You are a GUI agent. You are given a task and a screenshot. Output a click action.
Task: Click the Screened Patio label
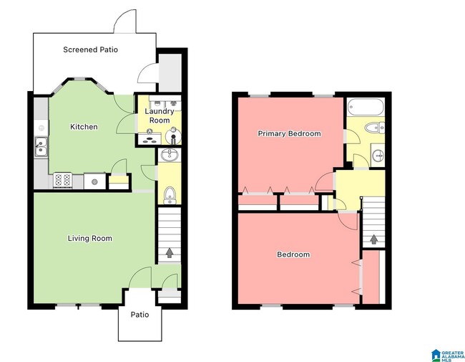click(90, 49)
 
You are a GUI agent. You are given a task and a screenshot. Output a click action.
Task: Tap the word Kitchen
click(84, 127)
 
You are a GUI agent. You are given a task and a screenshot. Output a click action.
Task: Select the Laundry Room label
click(160, 116)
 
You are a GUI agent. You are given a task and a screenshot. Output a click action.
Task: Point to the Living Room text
click(90, 238)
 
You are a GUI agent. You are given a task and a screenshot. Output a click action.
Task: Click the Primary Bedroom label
click(289, 133)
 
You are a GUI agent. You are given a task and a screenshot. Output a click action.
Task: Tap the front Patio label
click(139, 315)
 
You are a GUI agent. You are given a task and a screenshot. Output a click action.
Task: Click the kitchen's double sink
click(41, 146)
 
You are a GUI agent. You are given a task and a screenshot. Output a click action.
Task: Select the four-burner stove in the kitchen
click(62, 181)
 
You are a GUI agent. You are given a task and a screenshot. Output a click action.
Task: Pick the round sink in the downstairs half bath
click(170, 155)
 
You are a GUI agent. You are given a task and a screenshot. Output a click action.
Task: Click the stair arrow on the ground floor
click(170, 252)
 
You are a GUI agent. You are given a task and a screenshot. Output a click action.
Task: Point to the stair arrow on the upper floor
click(373, 239)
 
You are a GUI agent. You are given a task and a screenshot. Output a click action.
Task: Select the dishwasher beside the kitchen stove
click(92, 181)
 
